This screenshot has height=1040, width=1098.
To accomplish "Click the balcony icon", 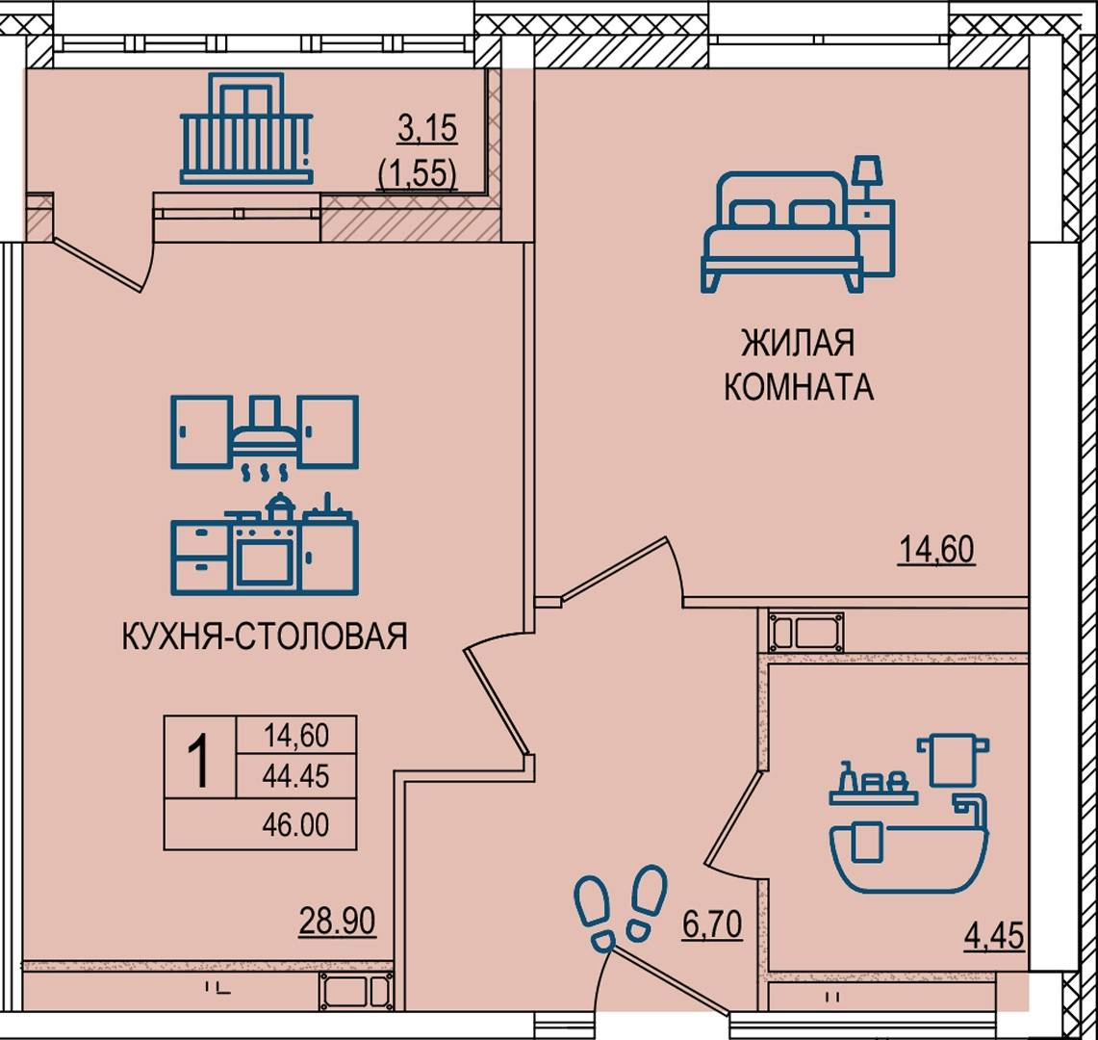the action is [x=245, y=128].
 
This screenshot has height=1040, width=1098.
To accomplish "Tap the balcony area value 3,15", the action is [x=427, y=129].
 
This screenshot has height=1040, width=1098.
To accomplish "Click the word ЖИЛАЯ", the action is [x=798, y=343].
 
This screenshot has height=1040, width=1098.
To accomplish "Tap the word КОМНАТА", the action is [x=799, y=386].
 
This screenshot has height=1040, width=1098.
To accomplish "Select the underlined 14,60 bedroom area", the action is [x=936, y=550].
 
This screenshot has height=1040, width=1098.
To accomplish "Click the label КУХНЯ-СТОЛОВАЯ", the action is [x=265, y=637].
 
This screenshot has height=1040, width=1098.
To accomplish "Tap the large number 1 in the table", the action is [x=200, y=762].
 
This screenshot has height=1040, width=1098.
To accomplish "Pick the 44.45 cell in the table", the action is [x=295, y=776].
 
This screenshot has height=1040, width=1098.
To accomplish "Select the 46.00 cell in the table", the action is [x=295, y=825].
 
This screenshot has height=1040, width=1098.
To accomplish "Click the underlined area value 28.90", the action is [x=337, y=921].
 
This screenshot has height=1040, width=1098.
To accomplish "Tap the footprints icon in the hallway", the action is [x=620, y=909].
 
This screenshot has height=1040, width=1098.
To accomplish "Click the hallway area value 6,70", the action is [x=712, y=925].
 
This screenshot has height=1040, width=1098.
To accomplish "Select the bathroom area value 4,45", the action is [x=994, y=936].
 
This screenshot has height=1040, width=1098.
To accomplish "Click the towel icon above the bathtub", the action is [x=953, y=760].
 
